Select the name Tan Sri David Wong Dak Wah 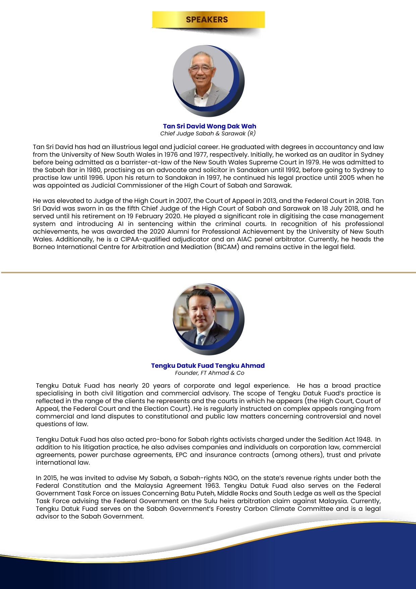pyautogui.click(x=209, y=126)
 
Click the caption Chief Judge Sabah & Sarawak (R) pyautogui.click(x=208, y=134)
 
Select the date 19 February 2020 pyautogui.click(x=152, y=216)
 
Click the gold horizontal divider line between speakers pyautogui.click(x=208, y=273)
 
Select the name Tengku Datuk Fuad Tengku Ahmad pyautogui.click(x=208, y=365)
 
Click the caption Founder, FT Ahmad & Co pyautogui.click(x=209, y=373)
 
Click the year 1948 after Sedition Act pyautogui.click(x=363, y=439)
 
